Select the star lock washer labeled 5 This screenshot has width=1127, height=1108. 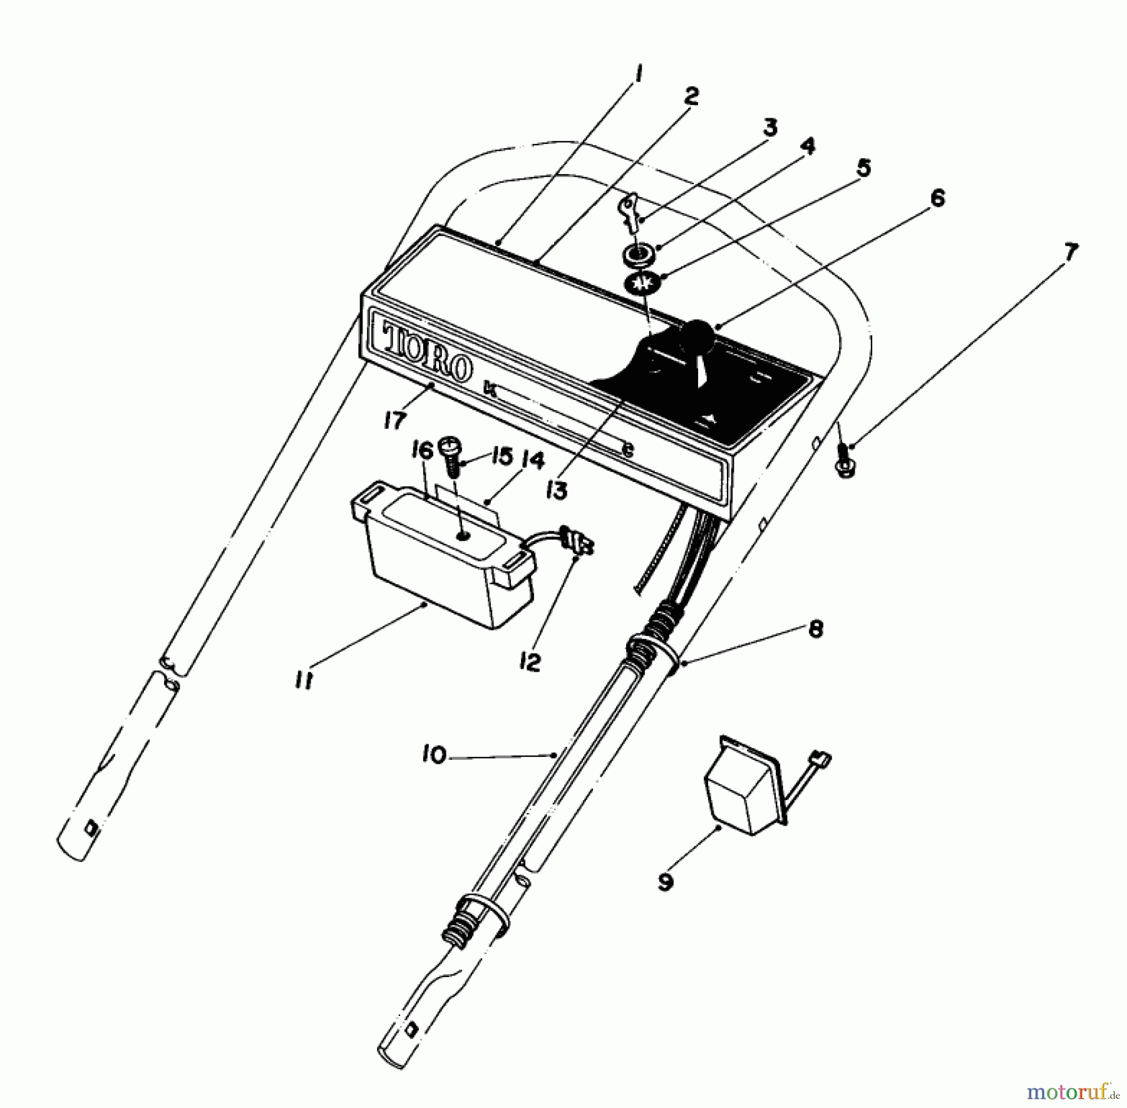tap(641, 284)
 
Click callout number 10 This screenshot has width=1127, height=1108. tap(434, 755)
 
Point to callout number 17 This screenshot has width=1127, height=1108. tap(394, 421)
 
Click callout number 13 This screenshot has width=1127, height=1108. tap(557, 490)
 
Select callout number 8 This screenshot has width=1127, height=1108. tap(815, 629)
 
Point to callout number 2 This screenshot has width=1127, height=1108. tap(691, 97)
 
